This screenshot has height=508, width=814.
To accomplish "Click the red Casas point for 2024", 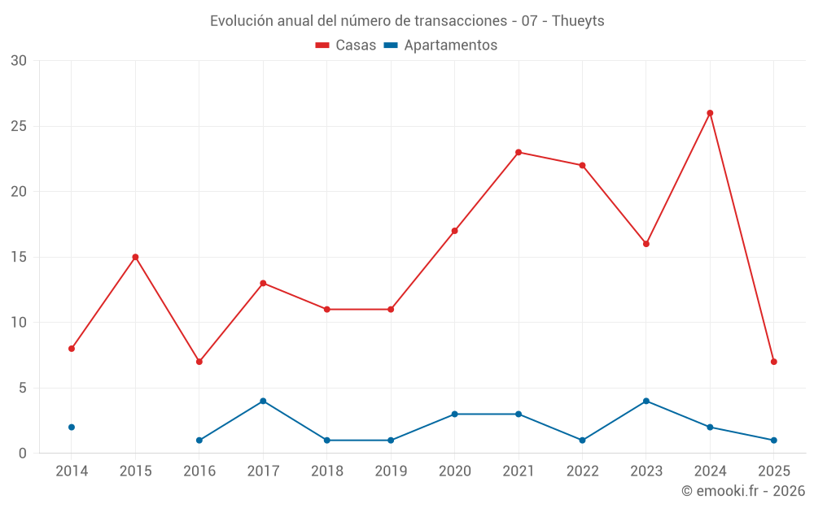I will (x=710, y=113).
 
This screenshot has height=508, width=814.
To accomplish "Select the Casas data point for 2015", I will (x=135, y=257).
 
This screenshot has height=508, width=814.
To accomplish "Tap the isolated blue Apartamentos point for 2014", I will (x=72, y=427).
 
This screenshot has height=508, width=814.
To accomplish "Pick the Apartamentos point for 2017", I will (x=263, y=401).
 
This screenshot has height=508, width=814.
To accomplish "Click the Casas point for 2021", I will (x=519, y=152).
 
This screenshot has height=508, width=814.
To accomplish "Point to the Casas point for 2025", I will (x=773, y=362).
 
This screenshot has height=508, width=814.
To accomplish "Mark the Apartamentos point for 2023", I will (x=646, y=401).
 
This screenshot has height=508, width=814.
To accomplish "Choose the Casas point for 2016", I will (x=199, y=362).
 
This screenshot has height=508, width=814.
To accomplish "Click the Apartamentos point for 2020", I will (x=454, y=414).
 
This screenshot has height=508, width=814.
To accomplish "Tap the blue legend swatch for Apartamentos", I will (x=391, y=46).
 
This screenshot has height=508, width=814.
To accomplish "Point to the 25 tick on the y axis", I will (x=19, y=126).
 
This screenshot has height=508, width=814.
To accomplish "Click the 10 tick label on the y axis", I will (x=19, y=322).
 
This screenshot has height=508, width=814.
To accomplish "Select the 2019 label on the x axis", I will (x=391, y=471).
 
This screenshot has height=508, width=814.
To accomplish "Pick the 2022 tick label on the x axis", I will (x=582, y=471).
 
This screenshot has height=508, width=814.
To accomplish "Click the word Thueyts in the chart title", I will (x=578, y=21).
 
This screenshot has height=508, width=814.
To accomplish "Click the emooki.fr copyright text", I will (x=743, y=491).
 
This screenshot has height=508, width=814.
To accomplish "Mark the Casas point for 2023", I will (x=646, y=244).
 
